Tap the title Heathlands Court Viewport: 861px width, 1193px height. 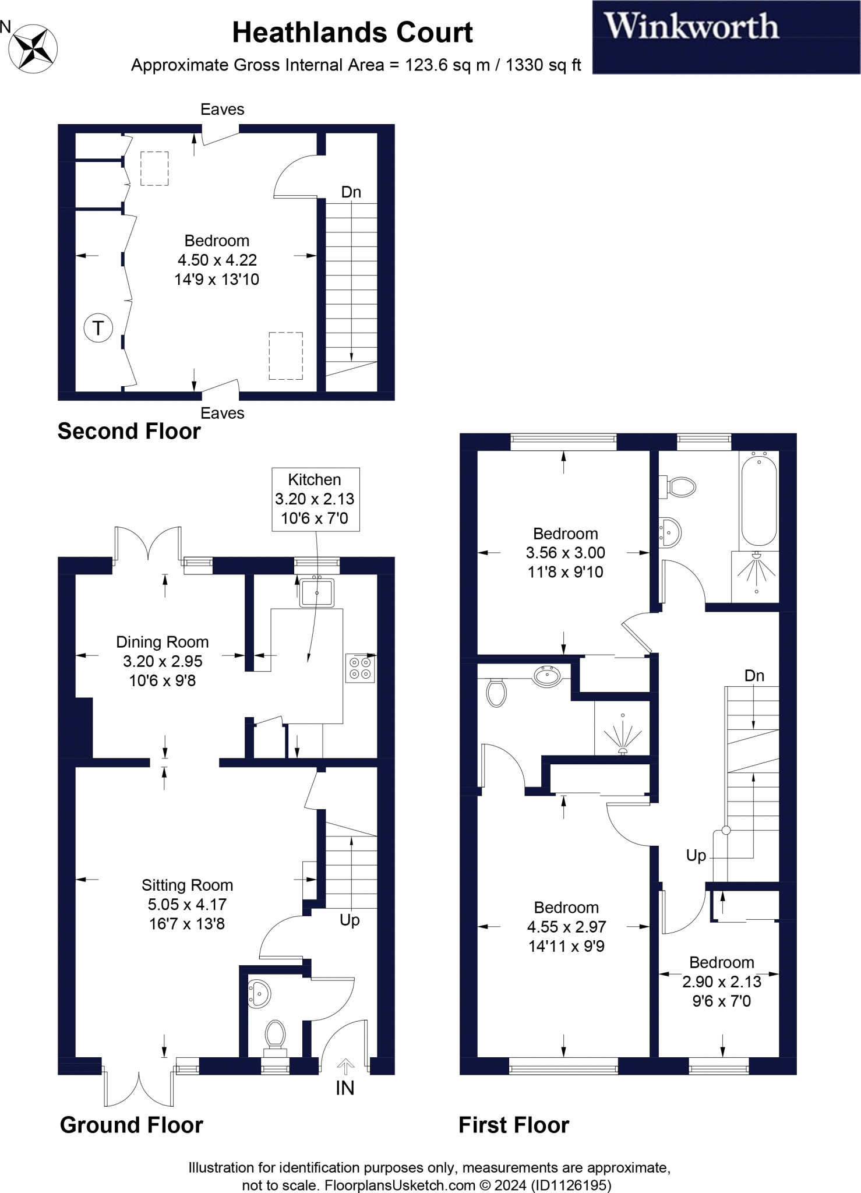click(x=352, y=33)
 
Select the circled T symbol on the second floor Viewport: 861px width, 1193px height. click(x=98, y=328)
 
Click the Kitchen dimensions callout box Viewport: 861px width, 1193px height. click(x=315, y=499)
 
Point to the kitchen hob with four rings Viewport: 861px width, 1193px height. click(x=360, y=668)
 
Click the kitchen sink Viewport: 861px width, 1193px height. click(x=316, y=592)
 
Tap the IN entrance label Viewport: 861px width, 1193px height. click(x=345, y=1088)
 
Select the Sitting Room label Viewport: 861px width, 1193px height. click(x=187, y=885)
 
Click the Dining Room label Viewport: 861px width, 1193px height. click(x=162, y=642)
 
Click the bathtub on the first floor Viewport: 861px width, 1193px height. click(x=758, y=501)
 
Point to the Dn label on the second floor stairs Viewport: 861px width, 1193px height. click(x=351, y=192)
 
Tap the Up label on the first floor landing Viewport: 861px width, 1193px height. click(x=696, y=856)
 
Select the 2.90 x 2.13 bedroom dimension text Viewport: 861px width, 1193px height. click(x=721, y=982)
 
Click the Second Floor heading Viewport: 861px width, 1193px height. click(x=129, y=432)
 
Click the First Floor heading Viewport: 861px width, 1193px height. click(x=513, y=1125)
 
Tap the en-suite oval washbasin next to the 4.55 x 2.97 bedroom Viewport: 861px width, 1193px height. click(x=547, y=676)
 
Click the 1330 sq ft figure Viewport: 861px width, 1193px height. click(x=543, y=65)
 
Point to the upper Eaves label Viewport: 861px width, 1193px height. click(x=222, y=110)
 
